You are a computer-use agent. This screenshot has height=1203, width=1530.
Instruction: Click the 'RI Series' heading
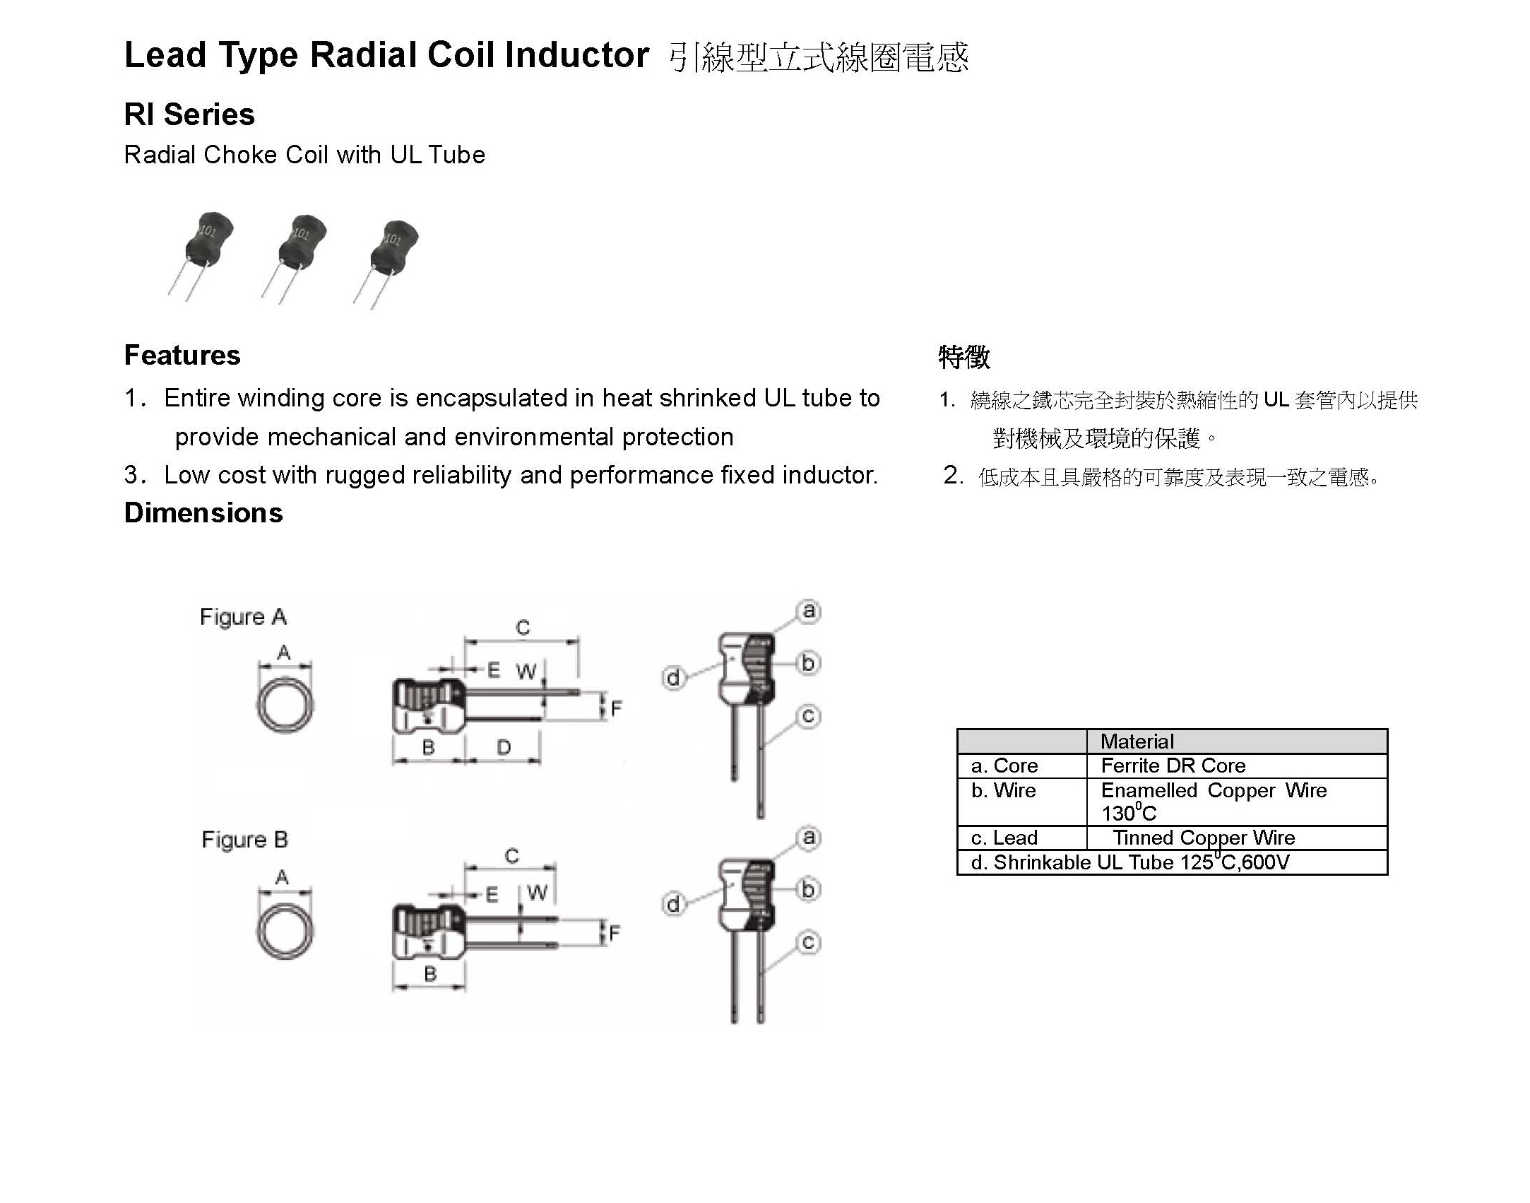(x=189, y=115)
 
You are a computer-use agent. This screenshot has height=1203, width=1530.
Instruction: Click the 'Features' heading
(x=182, y=355)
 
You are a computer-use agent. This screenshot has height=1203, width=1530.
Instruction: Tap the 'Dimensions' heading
(x=203, y=512)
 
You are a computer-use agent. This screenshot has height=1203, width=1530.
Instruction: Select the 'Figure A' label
(x=243, y=617)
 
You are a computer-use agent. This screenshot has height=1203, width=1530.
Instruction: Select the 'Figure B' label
(x=244, y=840)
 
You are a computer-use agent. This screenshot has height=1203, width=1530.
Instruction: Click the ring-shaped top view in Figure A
(x=285, y=705)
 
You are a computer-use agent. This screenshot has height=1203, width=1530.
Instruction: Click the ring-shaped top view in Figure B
(x=285, y=930)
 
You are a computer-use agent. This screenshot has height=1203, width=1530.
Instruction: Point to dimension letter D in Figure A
(x=504, y=747)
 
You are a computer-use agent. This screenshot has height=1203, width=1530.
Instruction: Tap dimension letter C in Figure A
(x=523, y=628)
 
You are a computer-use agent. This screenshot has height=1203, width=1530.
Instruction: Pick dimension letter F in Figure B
(x=615, y=934)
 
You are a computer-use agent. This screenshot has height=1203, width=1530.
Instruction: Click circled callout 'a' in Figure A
(x=809, y=611)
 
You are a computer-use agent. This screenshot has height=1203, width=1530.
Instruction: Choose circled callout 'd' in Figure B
(x=673, y=904)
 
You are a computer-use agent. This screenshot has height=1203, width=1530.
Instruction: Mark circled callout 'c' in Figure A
(x=808, y=716)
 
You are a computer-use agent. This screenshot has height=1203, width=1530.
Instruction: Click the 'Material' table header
(x=1137, y=741)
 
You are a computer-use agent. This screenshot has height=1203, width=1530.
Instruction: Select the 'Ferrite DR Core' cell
(x=1173, y=765)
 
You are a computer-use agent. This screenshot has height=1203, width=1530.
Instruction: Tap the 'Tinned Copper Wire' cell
(x=1204, y=838)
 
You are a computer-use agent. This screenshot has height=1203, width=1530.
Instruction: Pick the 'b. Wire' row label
(x=1003, y=790)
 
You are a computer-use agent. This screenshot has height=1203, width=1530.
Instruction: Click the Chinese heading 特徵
(x=964, y=357)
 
